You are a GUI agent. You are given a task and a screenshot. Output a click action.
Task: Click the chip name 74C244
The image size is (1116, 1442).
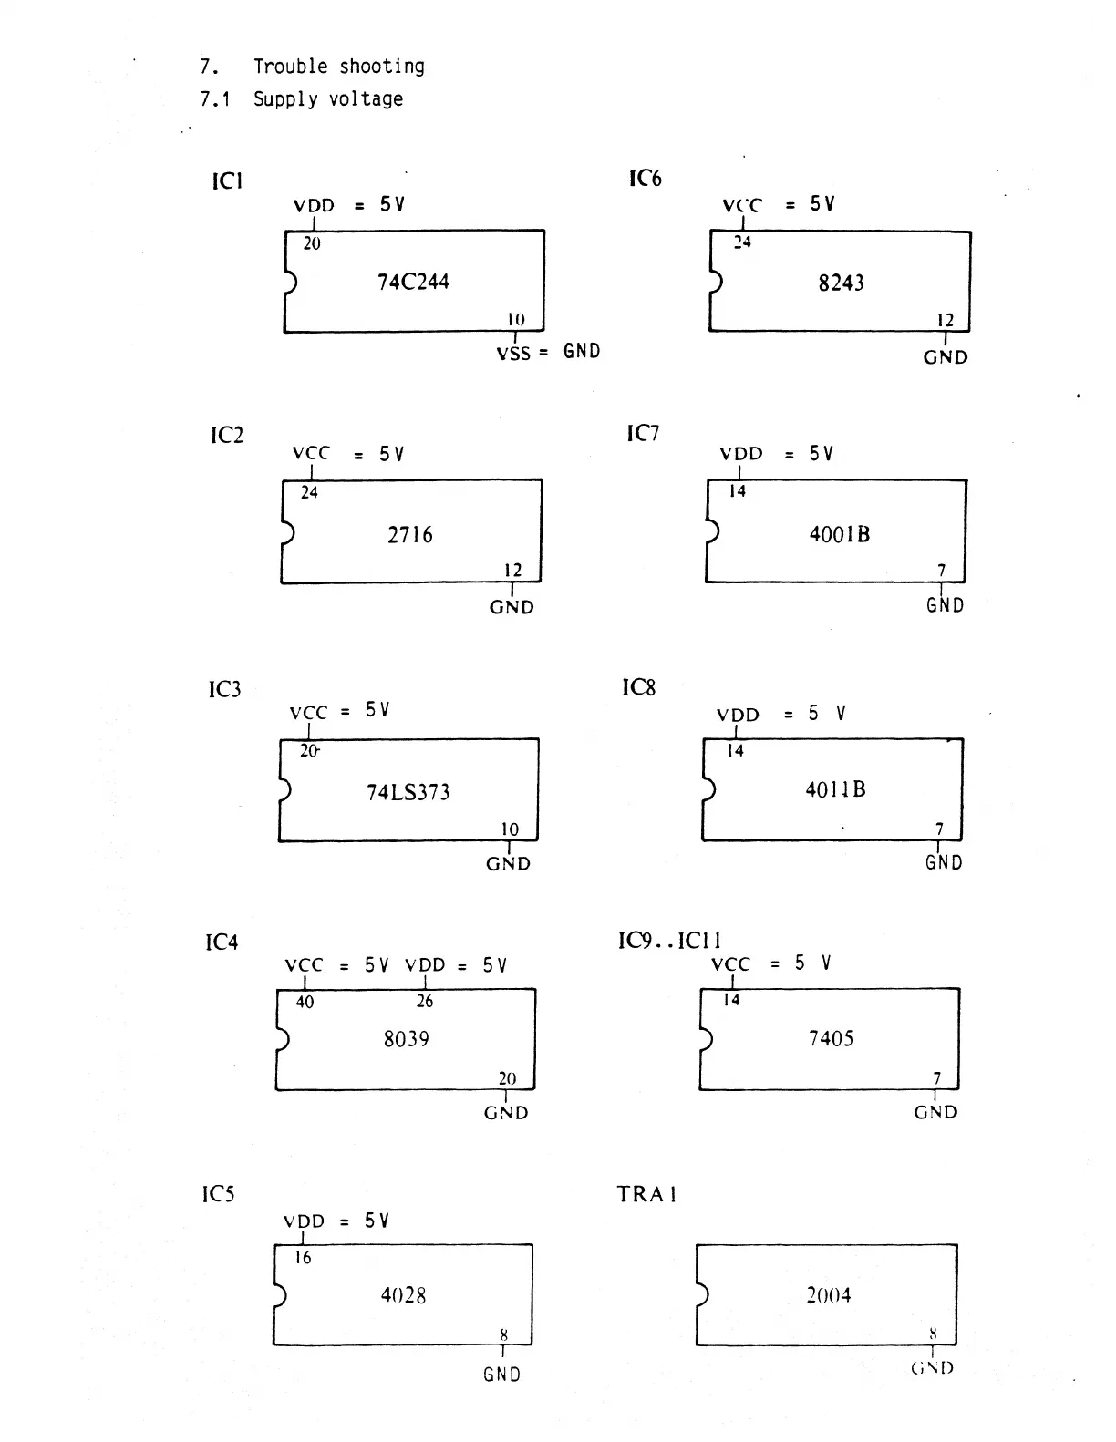tap(413, 282)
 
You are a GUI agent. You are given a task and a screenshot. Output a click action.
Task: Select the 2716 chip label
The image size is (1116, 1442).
tap(410, 535)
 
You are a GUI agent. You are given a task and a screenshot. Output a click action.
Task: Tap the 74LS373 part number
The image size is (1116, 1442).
tap(408, 792)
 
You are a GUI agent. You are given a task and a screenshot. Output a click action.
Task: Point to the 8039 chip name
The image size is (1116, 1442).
tap(406, 1039)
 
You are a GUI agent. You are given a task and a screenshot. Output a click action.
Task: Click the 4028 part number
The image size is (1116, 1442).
tap(403, 1295)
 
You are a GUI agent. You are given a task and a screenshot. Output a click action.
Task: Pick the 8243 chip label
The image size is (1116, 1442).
tap(841, 283)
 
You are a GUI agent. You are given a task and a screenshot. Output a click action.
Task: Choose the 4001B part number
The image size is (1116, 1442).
tap(840, 534)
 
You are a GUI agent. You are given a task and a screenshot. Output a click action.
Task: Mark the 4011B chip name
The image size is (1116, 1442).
tap(835, 789)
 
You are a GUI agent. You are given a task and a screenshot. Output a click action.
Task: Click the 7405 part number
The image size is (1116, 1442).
tap(831, 1038)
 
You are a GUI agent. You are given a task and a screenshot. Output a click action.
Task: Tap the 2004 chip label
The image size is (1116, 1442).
tap(829, 1295)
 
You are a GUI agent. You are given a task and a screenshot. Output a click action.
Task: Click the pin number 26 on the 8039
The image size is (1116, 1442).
tap(425, 1002)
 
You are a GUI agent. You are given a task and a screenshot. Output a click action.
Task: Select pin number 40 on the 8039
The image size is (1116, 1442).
tap(305, 1003)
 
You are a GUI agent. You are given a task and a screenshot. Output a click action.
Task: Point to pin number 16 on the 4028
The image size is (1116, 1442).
tap(303, 1258)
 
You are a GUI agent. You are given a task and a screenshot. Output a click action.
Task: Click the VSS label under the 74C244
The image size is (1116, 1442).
tap(513, 353)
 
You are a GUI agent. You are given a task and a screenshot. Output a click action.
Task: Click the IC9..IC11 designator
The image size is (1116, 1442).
tap(670, 941)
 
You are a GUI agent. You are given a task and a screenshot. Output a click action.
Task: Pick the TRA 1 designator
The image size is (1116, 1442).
tap(646, 1194)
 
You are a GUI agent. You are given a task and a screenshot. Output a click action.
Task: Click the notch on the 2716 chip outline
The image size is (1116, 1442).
tap(287, 531)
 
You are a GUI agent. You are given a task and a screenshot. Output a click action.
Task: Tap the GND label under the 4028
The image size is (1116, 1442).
tap(501, 1375)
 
